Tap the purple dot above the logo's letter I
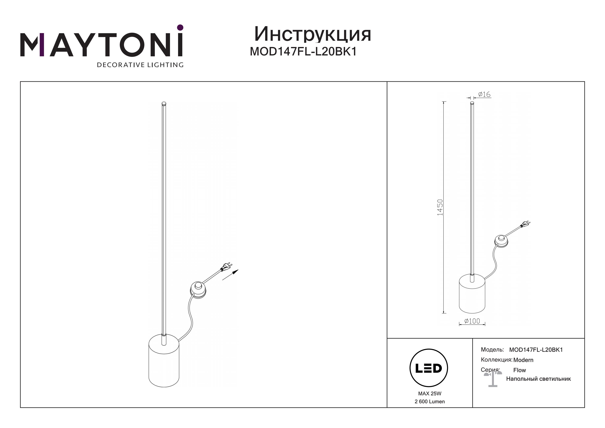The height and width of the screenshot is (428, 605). (180, 27)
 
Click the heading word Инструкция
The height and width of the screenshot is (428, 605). (313, 34)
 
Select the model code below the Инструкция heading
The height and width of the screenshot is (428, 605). (303, 52)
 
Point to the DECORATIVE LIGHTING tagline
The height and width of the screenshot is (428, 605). (140, 65)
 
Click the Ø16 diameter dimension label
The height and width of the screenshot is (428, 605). (484, 94)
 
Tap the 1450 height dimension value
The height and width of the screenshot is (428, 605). (440, 207)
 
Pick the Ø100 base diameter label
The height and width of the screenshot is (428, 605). (472, 321)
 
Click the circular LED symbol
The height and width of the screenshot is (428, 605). (429, 368)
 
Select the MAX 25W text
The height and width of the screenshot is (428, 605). (430, 393)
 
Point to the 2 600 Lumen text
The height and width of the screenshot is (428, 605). (430, 401)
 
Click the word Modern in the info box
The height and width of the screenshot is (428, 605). (523, 360)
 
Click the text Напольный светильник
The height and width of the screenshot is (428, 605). (538, 379)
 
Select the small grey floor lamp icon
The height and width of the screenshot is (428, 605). (493, 379)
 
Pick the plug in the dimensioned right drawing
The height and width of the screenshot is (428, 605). (525, 224)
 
